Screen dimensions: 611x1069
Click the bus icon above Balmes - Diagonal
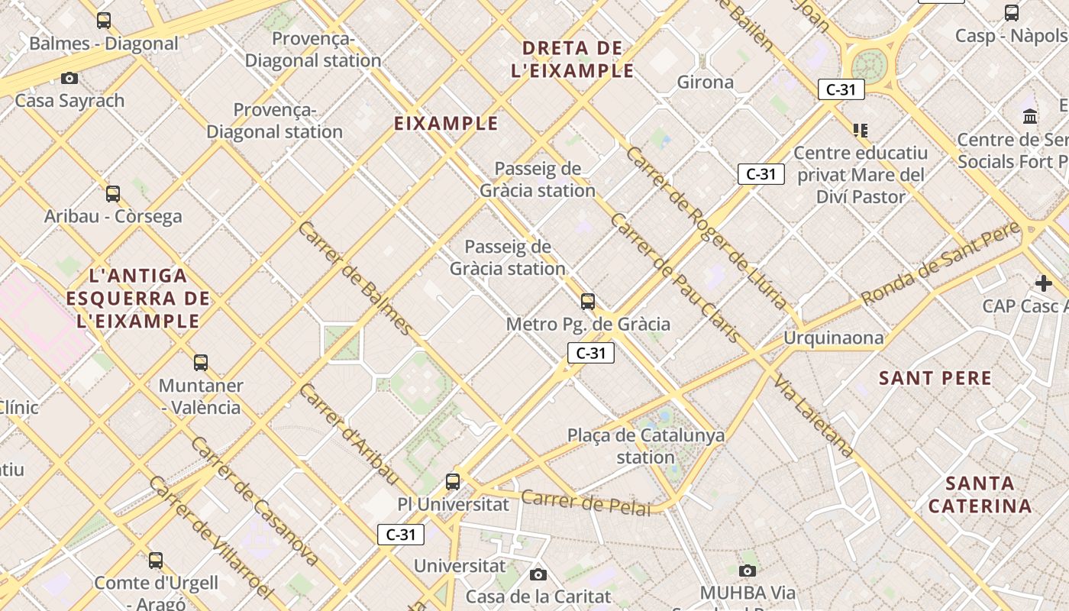(104, 21)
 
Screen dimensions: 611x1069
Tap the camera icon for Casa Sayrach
(69, 78)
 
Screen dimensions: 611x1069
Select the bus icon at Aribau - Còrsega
(113, 194)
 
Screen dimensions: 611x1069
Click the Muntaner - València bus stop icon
(201, 363)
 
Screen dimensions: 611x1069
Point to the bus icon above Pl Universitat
(453, 482)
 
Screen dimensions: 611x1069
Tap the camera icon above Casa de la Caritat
(538, 574)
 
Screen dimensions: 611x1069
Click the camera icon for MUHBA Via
(748, 571)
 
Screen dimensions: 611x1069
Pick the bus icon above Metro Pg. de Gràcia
(587, 302)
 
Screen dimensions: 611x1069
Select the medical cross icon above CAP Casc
(1043, 283)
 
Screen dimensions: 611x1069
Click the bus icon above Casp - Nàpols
(1012, 13)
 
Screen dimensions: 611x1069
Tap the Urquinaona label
(834, 338)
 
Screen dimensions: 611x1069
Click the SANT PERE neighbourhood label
(935, 378)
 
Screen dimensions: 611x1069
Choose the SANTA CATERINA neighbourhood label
(980, 494)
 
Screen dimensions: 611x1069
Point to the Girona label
(706, 82)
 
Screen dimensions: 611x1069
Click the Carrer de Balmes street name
(356, 278)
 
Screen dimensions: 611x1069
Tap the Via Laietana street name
(814, 416)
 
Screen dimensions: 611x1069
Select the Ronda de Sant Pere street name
(941, 262)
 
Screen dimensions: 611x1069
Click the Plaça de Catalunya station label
(646, 446)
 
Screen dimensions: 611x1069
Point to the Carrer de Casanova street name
(254, 501)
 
